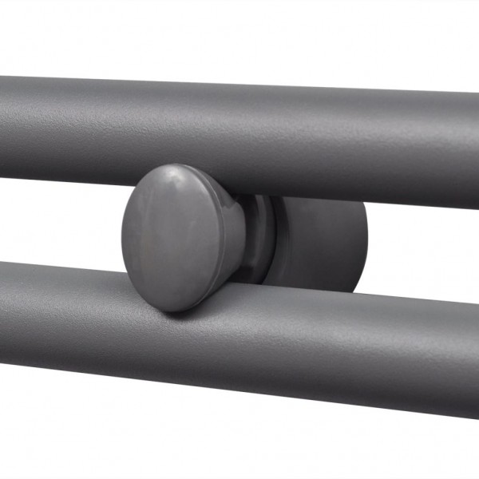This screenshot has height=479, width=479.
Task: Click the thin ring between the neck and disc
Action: coord(267,239)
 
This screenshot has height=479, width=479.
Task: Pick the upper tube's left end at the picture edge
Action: coord(4,128)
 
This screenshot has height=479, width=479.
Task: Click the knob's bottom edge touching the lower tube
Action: coord(172,309)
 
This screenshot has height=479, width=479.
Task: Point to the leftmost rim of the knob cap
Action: coord(124,239)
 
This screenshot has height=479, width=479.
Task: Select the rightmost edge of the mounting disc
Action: coord(366,239)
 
